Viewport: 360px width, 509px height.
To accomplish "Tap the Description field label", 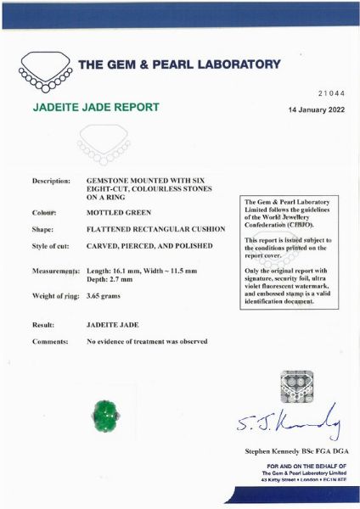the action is pyautogui.click(x=51, y=182).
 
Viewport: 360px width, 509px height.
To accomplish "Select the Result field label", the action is pyautogui.click(x=43, y=325).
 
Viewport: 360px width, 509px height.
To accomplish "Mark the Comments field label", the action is pyautogui.click(x=50, y=341).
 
